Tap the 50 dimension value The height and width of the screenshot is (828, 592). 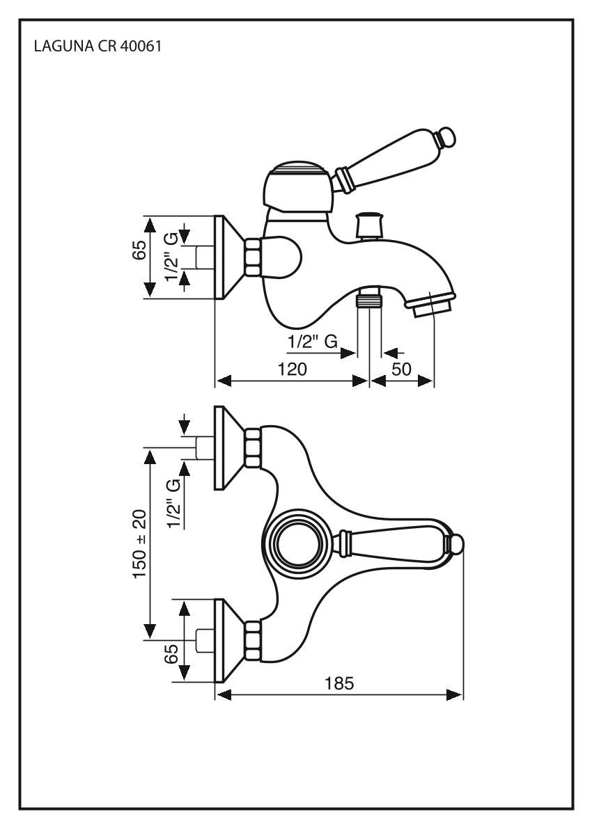coord(402,369)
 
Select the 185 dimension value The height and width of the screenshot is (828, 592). coord(339,684)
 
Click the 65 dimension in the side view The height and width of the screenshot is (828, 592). coord(140,250)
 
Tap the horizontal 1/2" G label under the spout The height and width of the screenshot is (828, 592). coord(313,342)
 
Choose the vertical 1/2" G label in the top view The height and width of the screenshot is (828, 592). coord(173,504)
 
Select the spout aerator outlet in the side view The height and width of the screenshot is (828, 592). coord(433,305)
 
